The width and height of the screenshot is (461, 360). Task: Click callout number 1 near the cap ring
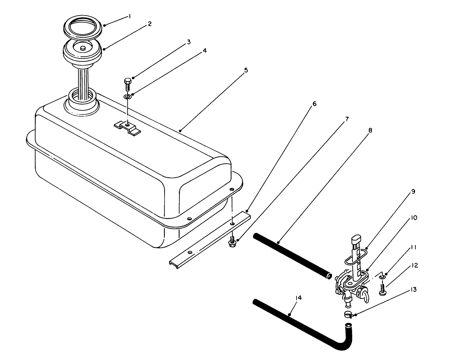pos(130,16)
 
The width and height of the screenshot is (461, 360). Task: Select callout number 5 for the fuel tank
pos(246,70)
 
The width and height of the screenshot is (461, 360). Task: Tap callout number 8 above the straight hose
pos(370,130)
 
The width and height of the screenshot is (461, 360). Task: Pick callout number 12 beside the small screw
pos(414,265)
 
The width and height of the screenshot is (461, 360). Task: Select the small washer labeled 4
pos(127,97)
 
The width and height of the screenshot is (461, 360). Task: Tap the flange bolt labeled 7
pos(231,242)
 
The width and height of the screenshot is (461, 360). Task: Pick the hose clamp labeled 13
pos(348,315)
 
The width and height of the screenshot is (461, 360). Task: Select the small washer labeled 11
pos(382,277)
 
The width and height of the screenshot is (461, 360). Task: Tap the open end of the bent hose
pos(348,325)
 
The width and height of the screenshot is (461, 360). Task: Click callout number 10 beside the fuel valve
pos(413,218)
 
